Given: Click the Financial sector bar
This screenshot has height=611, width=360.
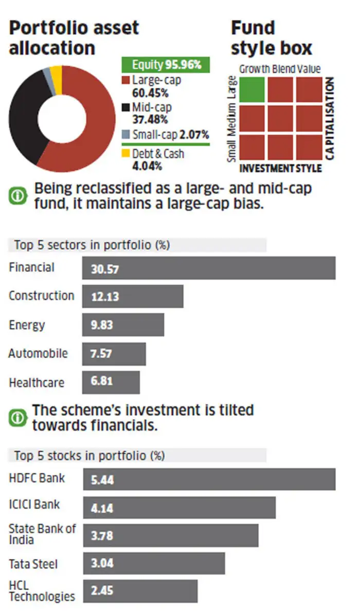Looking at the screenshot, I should pos(208,268).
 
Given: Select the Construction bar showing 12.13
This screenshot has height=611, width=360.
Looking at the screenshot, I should pos(133,297).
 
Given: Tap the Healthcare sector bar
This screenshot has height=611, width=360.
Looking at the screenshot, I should pos(111,383).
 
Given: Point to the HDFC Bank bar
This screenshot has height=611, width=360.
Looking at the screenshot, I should pos(208,479).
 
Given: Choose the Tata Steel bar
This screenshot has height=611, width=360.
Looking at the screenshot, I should pos(154,564).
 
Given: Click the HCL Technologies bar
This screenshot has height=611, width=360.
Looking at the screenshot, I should pos(140,591).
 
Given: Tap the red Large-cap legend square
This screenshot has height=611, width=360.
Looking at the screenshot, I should pos(125,80).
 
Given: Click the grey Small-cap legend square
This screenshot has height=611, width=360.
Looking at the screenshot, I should pos(125,135).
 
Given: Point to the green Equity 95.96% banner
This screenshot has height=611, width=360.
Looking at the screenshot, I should pos(165,65).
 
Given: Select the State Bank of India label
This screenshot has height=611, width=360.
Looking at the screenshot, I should pos(42,534).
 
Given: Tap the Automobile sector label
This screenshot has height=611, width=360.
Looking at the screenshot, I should pos(38,354).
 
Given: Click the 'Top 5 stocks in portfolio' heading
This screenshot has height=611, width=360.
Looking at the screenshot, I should pos(89,455).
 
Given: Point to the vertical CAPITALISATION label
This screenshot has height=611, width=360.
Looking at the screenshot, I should pos(330,118).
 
